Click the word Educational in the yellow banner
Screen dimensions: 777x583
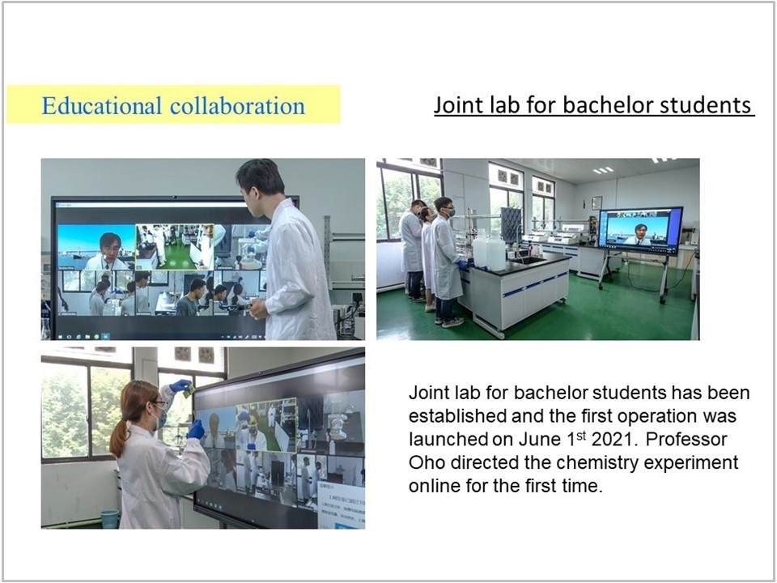click(x=102, y=105)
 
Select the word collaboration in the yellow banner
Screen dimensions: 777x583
click(x=237, y=105)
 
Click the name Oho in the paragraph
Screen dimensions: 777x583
click(x=427, y=462)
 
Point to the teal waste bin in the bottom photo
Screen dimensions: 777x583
click(x=109, y=519)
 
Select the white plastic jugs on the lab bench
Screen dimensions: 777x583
click(x=489, y=249)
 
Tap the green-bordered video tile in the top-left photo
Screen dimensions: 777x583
click(x=175, y=247)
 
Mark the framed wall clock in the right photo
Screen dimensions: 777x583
click(x=597, y=203)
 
